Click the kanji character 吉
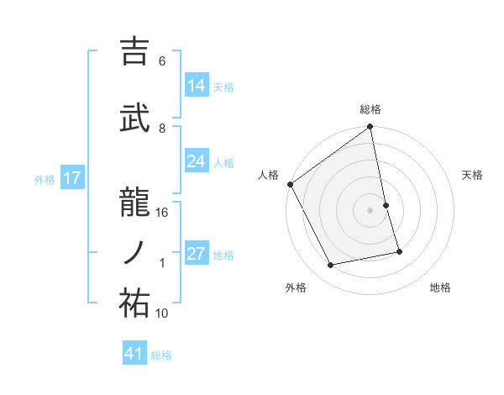tap(134, 52)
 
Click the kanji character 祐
tap(134, 303)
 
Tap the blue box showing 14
tap(197, 85)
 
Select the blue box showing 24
tap(197, 161)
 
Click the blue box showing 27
tap(197, 254)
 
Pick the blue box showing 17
tap(71, 178)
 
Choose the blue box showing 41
tap(134, 354)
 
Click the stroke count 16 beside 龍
tap(163, 213)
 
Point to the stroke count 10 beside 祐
tap(163, 313)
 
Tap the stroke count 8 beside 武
tap(163, 128)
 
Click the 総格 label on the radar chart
tap(370, 109)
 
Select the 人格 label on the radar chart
tap(269, 175)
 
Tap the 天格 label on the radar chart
tap(473, 175)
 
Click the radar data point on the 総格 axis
tap(370, 128)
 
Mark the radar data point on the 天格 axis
tap(386, 205)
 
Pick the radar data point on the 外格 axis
tap(331, 266)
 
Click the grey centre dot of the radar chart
tap(370, 210)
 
